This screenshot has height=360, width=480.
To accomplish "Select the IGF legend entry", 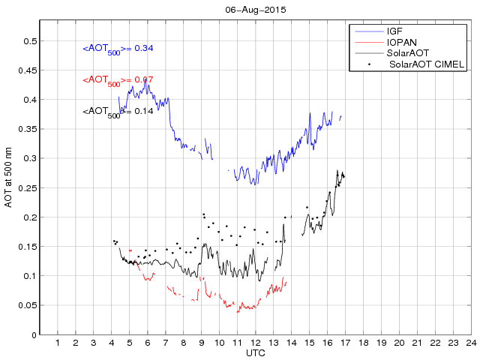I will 395,31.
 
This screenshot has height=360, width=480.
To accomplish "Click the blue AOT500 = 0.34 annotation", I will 118,49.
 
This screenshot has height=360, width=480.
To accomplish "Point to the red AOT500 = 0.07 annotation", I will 118,80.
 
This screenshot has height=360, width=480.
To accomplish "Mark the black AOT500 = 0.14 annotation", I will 118,112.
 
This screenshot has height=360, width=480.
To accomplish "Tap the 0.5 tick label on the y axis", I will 28,41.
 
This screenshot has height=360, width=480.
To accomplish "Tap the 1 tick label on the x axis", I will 58,343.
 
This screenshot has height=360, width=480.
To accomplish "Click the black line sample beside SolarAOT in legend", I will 367,54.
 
